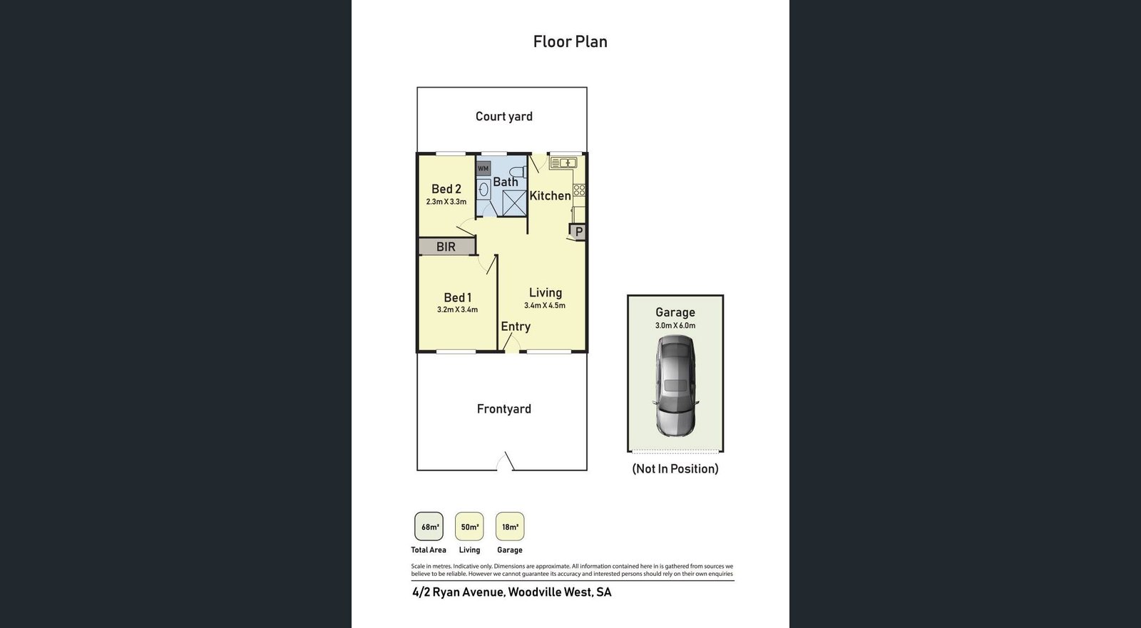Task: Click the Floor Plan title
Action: point(570,42)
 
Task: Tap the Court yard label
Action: point(503,117)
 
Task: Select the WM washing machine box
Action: point(483,169)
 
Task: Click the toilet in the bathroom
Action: point(518,172)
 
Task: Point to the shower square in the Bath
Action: point(514,202)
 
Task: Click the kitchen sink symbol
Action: point(563,163)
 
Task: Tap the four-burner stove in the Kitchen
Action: point(579,190)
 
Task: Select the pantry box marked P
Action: point(578,232)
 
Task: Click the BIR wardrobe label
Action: point(446,247)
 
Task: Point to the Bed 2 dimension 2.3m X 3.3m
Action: point(446,202)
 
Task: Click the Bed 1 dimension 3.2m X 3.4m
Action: point(457,309)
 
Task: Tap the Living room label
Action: point(545,293)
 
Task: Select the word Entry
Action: point(516,326)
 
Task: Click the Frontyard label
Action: point(503,409)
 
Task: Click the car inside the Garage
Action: point(675,386)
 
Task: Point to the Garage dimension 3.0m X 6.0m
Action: point(675,326)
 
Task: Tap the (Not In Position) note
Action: point(675,469)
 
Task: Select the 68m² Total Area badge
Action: point(429,527)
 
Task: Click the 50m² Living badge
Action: point(469,527)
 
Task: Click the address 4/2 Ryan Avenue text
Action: point(459,592)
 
